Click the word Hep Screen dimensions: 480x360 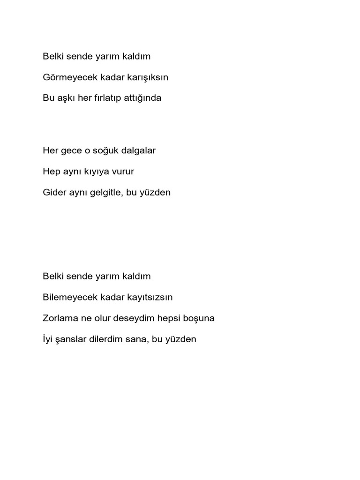click(50, 172)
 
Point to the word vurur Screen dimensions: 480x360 click(123, 172)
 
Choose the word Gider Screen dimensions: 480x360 click(53, 193)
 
